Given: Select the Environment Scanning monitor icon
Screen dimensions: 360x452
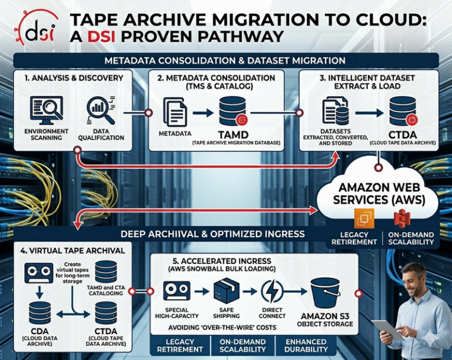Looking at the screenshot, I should [46, 111].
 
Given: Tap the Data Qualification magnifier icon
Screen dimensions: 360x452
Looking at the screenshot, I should [101, 111].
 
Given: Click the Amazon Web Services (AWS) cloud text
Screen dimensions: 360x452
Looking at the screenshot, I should [377, 194].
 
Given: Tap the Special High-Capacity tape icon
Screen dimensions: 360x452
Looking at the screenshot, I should [177, 291].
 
